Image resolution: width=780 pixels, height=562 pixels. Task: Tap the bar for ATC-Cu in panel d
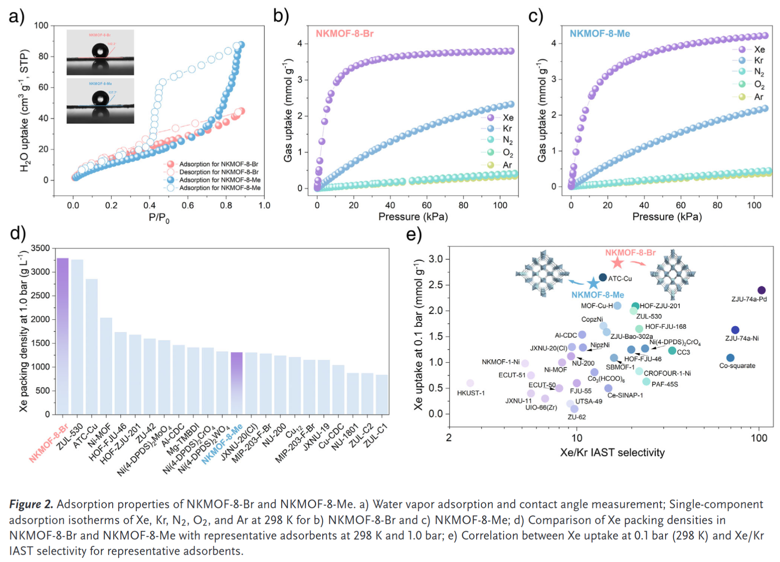pyautogui.click(x=91, y=346)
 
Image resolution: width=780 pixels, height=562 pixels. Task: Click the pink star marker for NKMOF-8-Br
pyautogui.click(x=617, y=263)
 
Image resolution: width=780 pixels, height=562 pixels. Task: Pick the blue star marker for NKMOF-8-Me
pyautogui.click(x=593, y=283)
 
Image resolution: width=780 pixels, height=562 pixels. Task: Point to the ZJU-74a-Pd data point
pyautogui.click(x=761, y=290)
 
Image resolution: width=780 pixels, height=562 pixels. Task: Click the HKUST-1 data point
pyautogui.click(x=470, y=383)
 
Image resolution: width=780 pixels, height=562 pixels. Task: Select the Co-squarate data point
pyautogui.click(x=730, y=358)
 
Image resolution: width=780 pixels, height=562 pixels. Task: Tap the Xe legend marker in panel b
pyautogui.click(x=491, y=117)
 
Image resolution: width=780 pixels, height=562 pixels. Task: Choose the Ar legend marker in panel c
pyautogui.click(x=742, y=97)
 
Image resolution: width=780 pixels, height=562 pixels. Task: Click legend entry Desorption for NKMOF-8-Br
pyautogui.click(x=219, y=172)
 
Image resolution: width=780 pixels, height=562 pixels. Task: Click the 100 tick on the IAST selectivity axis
pyautogui.click(x=759, y=438)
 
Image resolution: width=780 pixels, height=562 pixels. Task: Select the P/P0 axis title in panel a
pyautogui.click(x=159, y=218)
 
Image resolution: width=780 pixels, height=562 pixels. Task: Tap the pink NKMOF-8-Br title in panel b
pyautogui.click(x=345, y=33)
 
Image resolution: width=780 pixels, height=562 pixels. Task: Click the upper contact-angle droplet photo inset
pyautogui.click(x=100, y=52)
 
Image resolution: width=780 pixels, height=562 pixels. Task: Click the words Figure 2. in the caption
pyautogui.click(x=31, y=504)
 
